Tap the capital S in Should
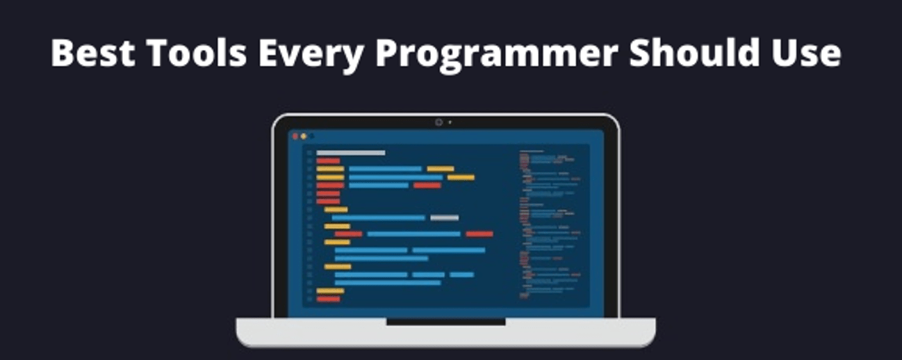[x=641, y=53]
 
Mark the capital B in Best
[x=63, y=53]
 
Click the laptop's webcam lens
[x=438, y=122]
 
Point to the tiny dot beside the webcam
[x=450, y=122]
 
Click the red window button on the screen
[x=295, y=136]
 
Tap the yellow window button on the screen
[x=303, y=136]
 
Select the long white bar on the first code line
[x=350, y=153]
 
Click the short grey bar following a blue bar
[x=444, y=218]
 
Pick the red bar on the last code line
[x=328, y=299]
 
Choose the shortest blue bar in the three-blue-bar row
[x=461, y=275]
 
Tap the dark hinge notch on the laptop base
[x=445, y=322]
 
